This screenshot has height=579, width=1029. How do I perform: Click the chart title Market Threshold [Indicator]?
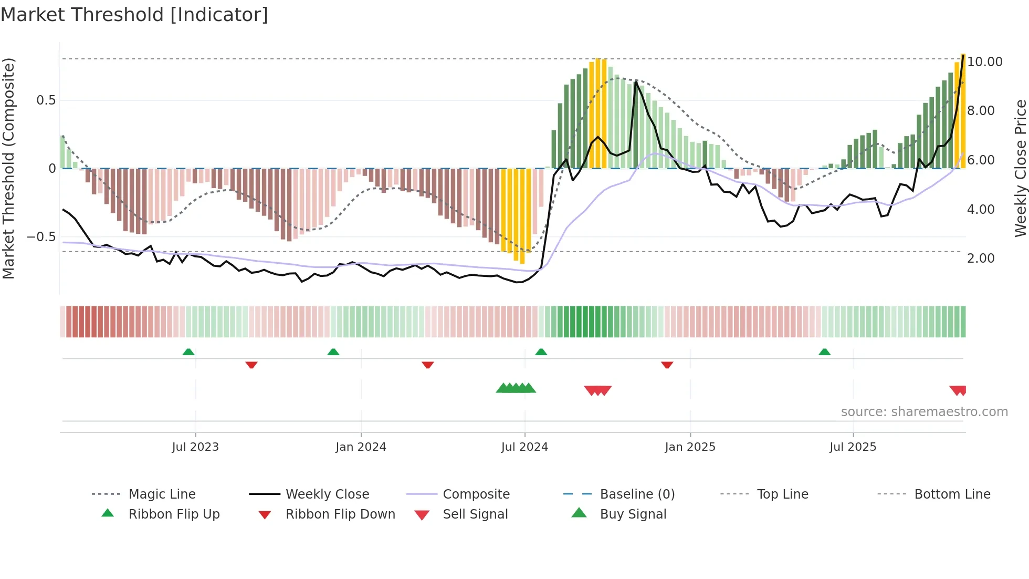tap(134, 15)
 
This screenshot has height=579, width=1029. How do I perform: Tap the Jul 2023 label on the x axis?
tap(195, 447)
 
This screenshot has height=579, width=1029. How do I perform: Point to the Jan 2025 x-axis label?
tap(690, 447)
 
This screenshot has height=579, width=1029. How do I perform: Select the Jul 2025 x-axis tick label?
tap(853, 447)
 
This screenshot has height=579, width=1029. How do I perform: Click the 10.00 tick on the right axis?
tap(985, 62)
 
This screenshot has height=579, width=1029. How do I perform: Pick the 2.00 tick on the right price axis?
tap(981, 259)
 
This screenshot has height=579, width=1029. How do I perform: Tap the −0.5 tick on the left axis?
tap(41, 237)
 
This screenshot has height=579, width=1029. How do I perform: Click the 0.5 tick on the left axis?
tap(46, 100)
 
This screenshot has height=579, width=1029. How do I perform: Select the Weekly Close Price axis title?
tap(1020, 168)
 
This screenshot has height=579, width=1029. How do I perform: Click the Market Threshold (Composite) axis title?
tap(8, 168)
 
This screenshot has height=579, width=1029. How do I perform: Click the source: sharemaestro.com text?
tap(924, 412)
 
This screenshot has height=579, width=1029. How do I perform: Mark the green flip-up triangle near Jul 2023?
tap(188, 352)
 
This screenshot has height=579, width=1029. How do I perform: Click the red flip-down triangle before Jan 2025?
tap(667, 365)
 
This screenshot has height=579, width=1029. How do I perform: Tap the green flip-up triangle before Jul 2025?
tap(824, 352)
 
